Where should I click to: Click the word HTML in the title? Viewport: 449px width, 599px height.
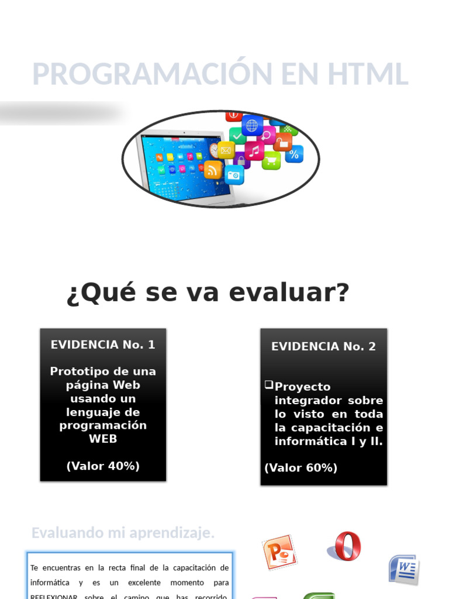(x=367, y=74)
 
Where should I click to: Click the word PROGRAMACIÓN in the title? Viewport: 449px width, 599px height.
(x=146, y=74)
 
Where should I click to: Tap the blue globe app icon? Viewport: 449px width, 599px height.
(x=252, y=125)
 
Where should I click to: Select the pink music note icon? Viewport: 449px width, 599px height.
(x=254, y=150)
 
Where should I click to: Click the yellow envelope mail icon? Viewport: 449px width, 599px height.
(x=226, y=150)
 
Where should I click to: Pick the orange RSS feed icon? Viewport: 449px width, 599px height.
(x=213, y=170)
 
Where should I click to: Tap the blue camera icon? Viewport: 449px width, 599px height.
(x=234, y=175)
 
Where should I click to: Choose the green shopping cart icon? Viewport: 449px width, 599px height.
(x=271, y=160)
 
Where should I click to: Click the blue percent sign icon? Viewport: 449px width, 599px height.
(x=294, y=154)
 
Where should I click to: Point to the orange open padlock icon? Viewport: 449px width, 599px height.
(x=283, y=142)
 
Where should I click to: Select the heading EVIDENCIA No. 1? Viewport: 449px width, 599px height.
(x=103, y=345)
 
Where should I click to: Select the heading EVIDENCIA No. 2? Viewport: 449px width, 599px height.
(x=323, y=346)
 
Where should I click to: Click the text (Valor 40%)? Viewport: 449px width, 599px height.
(x=103, y=466)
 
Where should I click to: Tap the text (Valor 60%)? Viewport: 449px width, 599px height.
(x=301, y=468)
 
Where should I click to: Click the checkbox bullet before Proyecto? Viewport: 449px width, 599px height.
(x=268, y=385)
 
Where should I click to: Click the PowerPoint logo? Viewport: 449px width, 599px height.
(x=279, y=552)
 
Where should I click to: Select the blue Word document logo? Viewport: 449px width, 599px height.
(x=404, y=569)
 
